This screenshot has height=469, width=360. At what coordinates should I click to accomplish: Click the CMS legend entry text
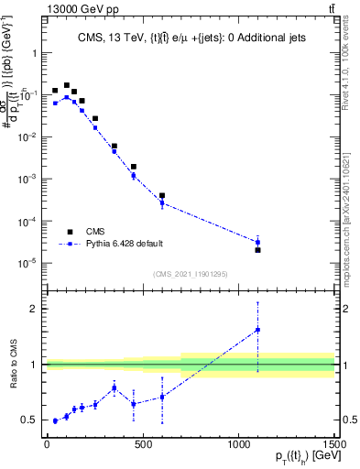pos(96,232)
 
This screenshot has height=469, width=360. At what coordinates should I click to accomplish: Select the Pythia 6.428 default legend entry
pos(123,245)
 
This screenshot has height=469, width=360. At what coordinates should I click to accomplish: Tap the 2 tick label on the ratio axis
pos(32,309)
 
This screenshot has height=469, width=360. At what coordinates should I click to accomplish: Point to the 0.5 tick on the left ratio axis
pos(28,420)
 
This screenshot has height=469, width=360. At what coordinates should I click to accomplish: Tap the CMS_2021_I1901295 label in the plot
pos(190,273)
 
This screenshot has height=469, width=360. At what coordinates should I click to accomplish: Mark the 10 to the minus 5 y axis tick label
pos(27,263)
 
